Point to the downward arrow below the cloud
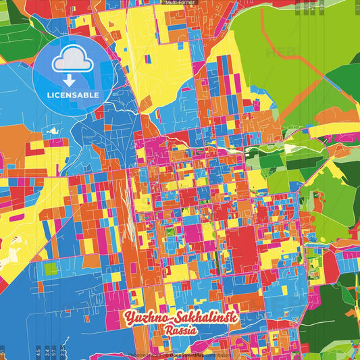[x=68, y=80]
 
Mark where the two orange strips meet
[x=297, y=68]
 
